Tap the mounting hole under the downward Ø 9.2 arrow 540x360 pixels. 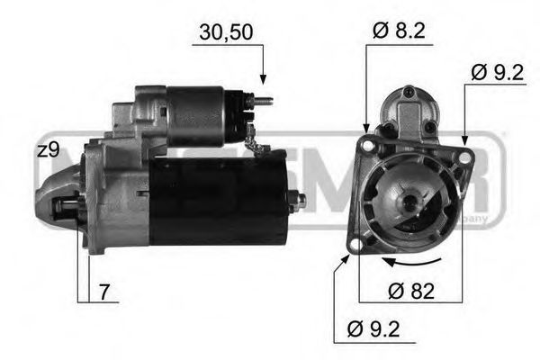click(464, 157)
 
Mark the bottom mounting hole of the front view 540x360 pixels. click(356, 244)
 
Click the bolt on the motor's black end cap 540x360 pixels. click(298, 199)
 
